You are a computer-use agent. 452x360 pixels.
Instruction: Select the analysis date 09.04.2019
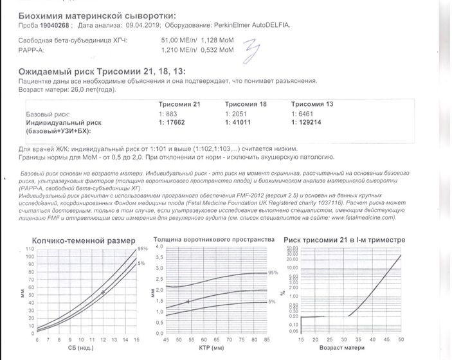coord(136,25)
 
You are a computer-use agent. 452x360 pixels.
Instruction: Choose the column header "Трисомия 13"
coord(311,104)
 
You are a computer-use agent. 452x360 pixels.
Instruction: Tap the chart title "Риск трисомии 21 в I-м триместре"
coord(347,240)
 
